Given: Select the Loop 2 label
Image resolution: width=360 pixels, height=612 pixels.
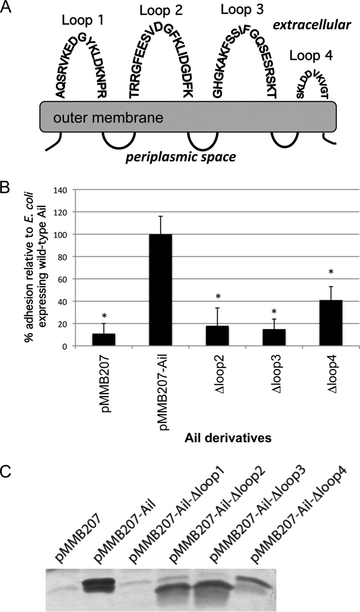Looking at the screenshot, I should click(x=161, y=10).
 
